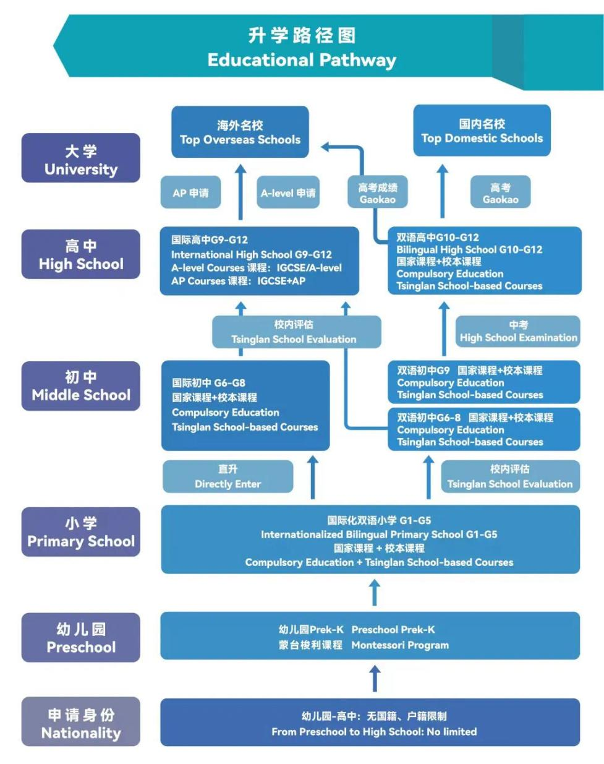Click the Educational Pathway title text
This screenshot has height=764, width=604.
click(302, 60)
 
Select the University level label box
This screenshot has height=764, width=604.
click(81, 159)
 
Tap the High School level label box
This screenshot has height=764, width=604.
click(81, 254)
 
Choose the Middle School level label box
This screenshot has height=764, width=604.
click(81, 386)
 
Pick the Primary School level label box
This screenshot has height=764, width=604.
click(81, 532)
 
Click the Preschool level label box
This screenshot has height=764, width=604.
click(81, 638)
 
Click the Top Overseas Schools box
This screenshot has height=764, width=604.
click(240, 132)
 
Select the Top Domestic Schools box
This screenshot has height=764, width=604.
click(482, 131)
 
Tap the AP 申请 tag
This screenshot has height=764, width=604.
click(190, 193)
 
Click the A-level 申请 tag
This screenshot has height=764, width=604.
click(288, 193)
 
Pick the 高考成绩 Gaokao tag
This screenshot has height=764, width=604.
click(377, 193)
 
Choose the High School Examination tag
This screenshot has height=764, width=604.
click(518, 332)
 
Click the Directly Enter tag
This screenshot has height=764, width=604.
click(228, 477)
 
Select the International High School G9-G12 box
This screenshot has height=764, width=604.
click(259, 260)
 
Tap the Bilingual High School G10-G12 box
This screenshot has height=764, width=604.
click(484, 261)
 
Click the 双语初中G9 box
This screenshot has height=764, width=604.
click(484, 382)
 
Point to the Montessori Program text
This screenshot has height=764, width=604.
click(400, 645)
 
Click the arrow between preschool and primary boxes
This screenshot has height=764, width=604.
click(375, 593)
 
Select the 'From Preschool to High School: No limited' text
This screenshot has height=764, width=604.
click(374, 732)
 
